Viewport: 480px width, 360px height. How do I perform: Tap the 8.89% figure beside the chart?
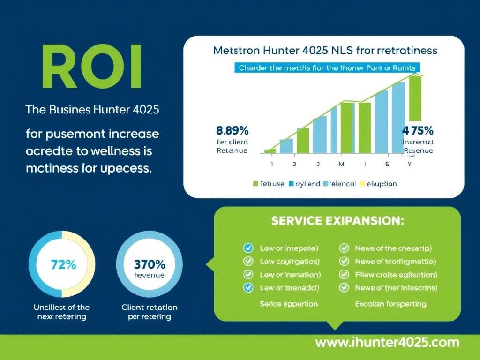point(232,130)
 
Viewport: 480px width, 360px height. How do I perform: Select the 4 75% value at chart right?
point(418,130)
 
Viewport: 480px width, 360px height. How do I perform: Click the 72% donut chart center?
point(62,264)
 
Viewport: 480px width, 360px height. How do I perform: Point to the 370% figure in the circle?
point(150,264)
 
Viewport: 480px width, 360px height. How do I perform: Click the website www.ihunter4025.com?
point(387,342)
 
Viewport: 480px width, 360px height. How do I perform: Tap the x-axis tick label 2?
point(294,165)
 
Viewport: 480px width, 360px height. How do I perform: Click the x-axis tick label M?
point(341,165)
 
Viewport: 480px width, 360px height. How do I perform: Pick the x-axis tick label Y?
point(410,165)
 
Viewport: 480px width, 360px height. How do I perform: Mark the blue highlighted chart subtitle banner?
point(327,68)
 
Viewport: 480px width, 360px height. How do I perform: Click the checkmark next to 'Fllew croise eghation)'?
point(344,275)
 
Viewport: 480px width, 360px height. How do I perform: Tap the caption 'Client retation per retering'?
point(150,312)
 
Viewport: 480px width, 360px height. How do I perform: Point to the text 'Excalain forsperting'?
point(391,304)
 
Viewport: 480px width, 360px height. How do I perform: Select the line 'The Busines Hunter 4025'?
point(92,111)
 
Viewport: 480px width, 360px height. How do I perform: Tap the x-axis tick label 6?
point(387,165)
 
